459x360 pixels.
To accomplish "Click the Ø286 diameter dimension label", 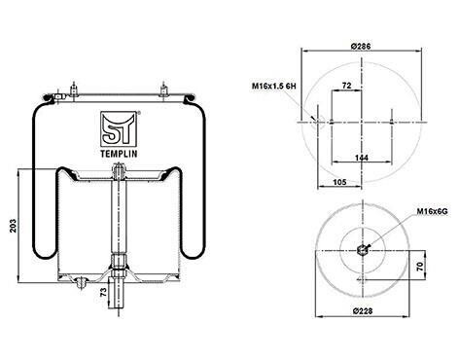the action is pos(361,47).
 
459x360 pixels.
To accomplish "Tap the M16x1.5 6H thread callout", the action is pos(274,86).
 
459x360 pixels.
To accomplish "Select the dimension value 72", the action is pos(346,86).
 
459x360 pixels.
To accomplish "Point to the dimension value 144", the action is pos(362,158).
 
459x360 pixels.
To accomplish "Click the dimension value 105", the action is pos(339,182).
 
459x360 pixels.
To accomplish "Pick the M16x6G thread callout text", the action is pos(432,211).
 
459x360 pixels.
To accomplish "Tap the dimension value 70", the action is pos(420,267).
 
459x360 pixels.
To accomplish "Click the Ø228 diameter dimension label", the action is pos(363,311).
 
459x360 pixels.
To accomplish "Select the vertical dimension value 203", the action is pos(13,226).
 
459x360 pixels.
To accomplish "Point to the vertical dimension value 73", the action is pos(103,292).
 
